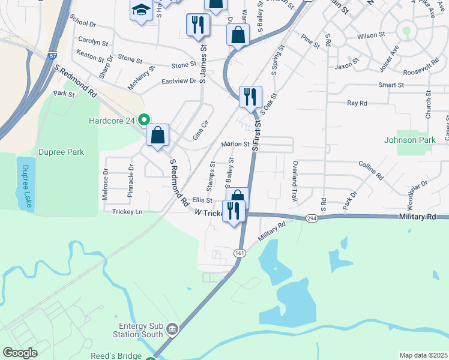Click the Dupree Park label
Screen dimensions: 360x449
(x=62, y=152)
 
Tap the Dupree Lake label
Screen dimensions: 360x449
(x=25, y=184)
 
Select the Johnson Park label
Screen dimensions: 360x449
(x=409, y=140)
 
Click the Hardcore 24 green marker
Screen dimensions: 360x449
(x=143, y=119)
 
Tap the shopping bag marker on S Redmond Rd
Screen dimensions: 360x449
(x=157, y=136)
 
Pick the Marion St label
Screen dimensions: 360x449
(x=235, y=144)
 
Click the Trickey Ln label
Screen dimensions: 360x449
(x=127, y=212)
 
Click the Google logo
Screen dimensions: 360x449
(x=20, y=353)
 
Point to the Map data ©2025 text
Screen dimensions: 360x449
(x=423, y=355)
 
